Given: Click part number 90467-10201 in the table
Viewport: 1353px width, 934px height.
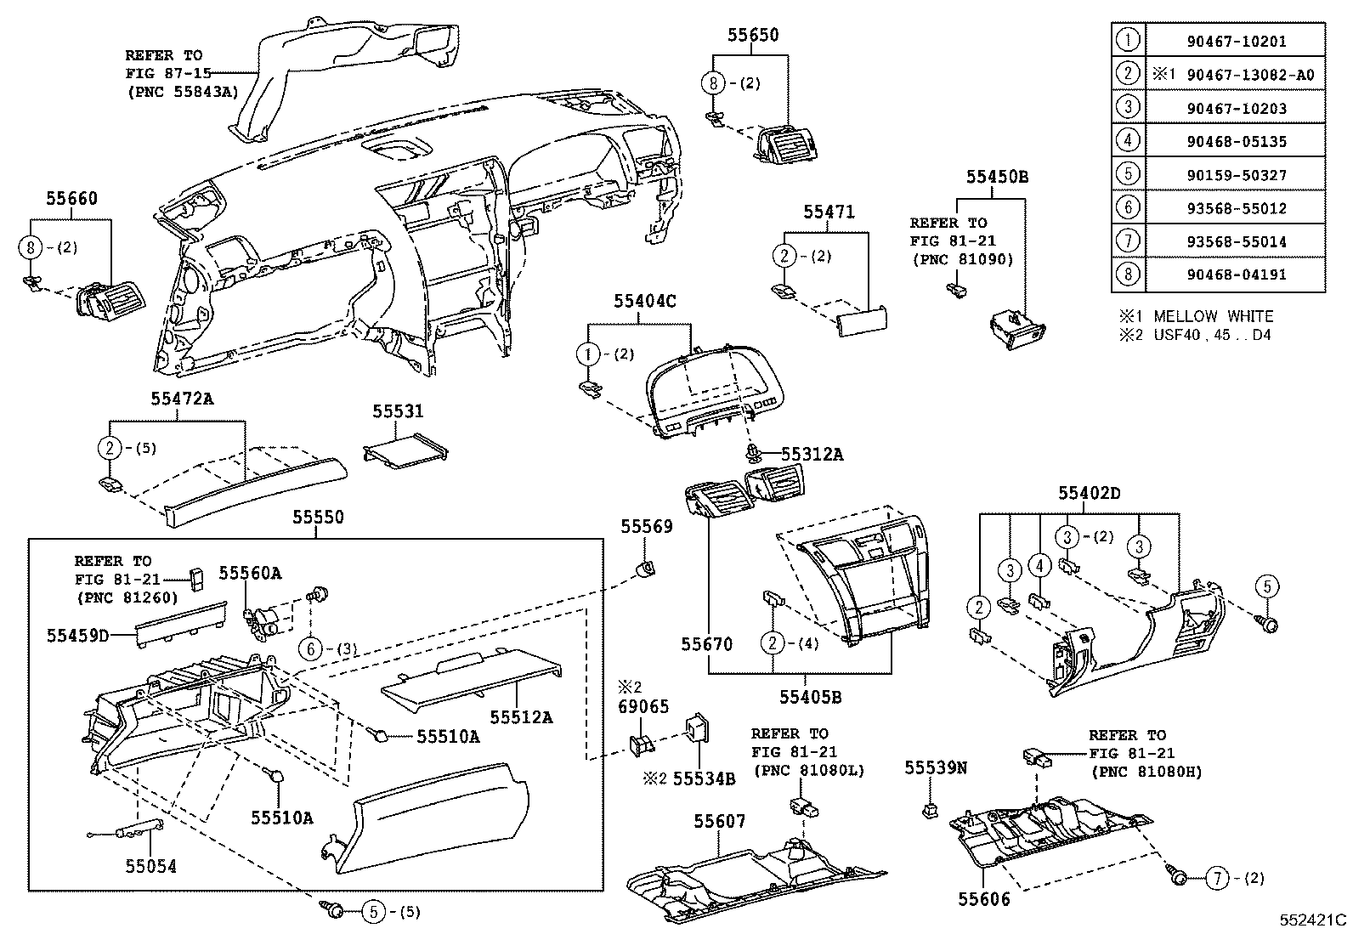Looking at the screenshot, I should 1237,42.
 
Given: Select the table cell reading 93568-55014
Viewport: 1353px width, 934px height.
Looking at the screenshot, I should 1237,241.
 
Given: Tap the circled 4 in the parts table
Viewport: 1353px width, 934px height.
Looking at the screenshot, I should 1127,140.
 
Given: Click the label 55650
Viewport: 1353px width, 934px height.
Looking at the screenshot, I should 752,36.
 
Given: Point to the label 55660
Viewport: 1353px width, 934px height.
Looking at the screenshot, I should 71,199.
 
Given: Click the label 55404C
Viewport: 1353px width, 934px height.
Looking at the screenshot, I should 644,301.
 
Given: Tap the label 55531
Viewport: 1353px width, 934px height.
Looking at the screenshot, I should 397,411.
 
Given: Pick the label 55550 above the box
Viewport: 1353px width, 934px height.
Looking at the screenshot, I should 318,517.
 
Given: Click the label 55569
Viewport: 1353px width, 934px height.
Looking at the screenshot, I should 646,527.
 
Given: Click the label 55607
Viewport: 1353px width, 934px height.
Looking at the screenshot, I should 719,821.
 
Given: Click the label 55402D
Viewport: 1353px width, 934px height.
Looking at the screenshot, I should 1089,493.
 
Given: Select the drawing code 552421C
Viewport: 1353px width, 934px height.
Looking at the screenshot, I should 1314,920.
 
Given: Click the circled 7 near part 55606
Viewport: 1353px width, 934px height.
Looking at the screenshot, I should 1217,878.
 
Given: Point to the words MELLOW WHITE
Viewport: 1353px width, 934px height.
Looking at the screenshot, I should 1213,316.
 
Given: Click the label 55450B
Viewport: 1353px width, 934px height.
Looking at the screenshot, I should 996,177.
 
